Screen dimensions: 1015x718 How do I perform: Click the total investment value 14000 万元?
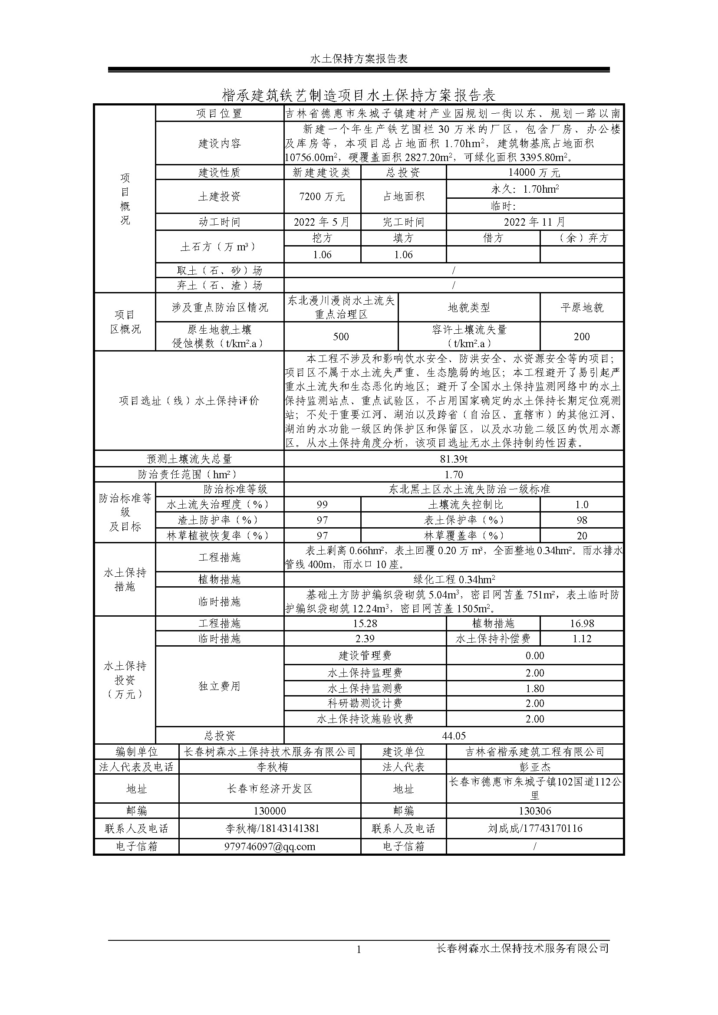pos(534,172)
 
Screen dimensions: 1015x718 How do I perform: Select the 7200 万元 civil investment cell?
pos(322,196)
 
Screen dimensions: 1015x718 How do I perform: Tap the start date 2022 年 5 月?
pos(322,222)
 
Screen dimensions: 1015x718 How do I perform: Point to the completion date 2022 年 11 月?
pos(534,222)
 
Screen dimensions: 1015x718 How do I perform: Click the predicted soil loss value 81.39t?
pos(454,459)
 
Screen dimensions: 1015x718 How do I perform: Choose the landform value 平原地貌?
pos(582,308)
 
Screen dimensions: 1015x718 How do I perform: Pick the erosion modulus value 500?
pos(341,336)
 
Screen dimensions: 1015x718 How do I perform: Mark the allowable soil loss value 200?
pos(582,336)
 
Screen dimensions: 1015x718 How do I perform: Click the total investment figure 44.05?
pos(454,736)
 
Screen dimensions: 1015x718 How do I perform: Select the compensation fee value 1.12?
pos(582,638)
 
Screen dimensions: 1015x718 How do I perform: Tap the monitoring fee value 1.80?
pos(534,688)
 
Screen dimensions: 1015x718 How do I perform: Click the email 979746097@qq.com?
pos(270,847)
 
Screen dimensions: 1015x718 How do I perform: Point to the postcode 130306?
pos(534,811)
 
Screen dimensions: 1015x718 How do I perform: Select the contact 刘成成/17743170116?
pos(534,828)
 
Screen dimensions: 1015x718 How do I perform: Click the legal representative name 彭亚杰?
pos(534,766)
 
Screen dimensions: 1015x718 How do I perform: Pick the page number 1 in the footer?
pos(359,949)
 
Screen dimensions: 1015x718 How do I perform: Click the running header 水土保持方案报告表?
pos(359,59)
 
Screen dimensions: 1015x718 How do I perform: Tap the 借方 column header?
pos(493,238)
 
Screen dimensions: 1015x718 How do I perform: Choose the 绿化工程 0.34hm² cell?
pos(454,580)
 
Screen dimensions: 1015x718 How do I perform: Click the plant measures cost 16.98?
pos(582,623)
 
